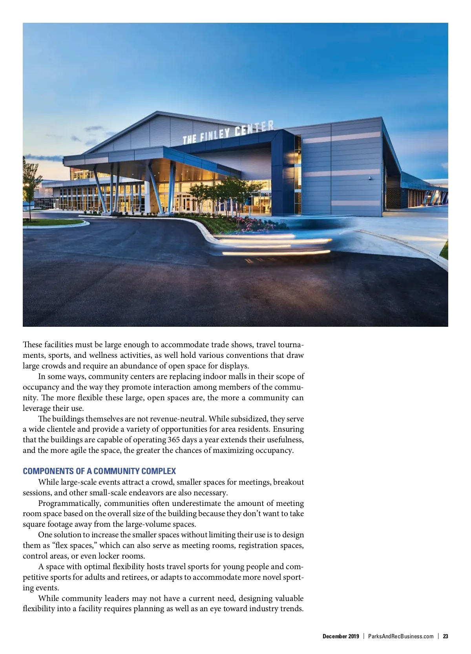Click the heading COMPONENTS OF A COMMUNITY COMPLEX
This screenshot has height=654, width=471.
tap(99, 471)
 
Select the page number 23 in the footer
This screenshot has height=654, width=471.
tap(445, 636)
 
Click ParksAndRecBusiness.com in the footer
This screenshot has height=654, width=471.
tap(401, 636)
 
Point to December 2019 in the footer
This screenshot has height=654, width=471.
tap(341, 636)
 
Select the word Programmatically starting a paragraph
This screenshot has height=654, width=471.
tap(69, 503)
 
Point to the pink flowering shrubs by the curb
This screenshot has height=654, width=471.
tap(255, 224)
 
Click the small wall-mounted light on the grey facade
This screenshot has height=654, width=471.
tap(370, 178)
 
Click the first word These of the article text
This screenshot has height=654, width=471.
tap(32, 344)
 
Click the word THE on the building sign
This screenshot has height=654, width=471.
tap(190, 139)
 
